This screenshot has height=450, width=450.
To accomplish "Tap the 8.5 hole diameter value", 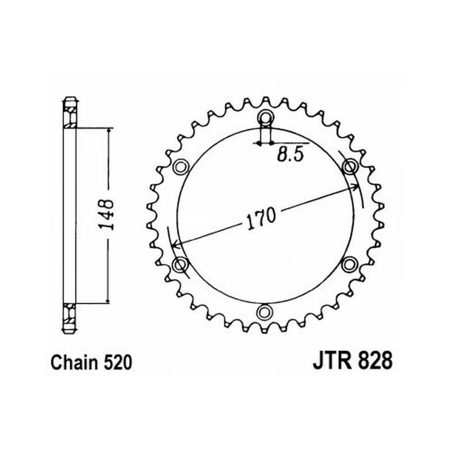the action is (290, 155).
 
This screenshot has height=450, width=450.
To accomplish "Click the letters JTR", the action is (333, 361).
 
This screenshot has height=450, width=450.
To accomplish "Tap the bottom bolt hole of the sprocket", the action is (265, 312).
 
